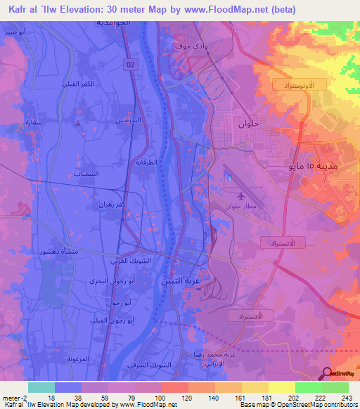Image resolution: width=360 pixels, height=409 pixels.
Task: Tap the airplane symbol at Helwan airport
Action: tap(243, 196)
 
